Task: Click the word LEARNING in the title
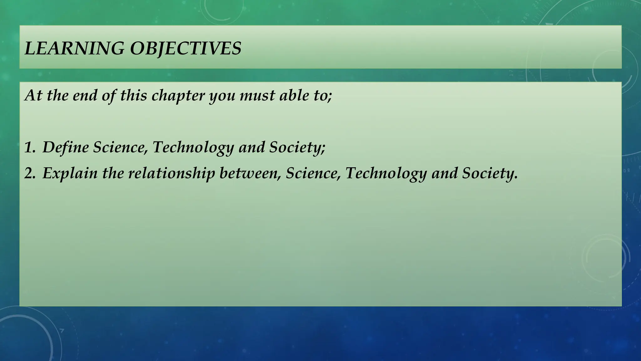point(74,49)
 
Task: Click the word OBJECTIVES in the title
point(186,49)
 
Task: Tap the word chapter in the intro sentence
point(178,95)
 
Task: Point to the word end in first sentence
point(85,95)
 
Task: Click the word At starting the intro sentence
point(33,95)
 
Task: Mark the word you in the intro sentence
point(222,95)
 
